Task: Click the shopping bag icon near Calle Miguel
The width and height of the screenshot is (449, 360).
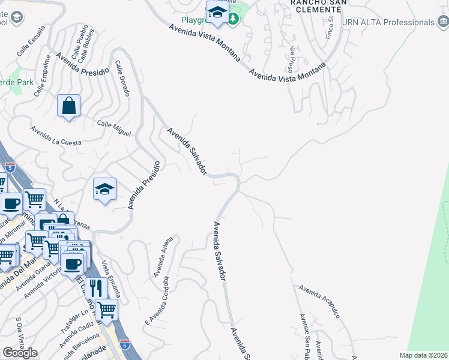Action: pos(69,106)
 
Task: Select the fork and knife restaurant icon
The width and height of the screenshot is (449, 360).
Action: pos(95,289)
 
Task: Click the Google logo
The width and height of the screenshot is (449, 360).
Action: pos(20,353)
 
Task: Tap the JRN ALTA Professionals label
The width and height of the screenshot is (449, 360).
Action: pos(388,22)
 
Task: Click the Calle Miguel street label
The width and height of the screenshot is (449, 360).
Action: pos(114,128)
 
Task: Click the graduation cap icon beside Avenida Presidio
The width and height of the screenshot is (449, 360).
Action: pos(104,190)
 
